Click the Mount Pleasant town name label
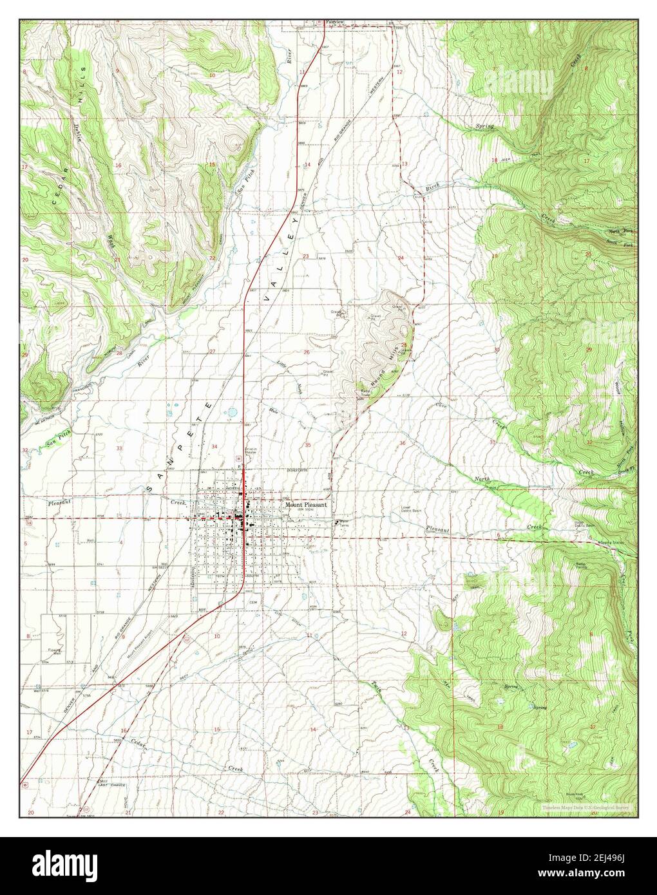coord(306,505)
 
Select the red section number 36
coord(403,443)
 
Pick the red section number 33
coord(119,447)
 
